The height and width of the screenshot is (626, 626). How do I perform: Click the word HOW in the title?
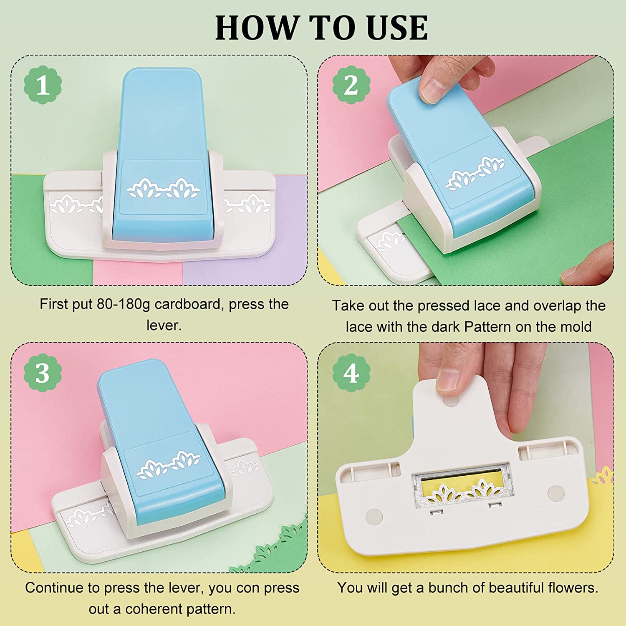pos(255,28)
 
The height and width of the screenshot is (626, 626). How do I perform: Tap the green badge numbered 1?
pos(43,85)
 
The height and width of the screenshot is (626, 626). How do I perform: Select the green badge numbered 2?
pos(351,85)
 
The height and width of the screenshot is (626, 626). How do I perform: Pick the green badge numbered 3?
pos(43,373)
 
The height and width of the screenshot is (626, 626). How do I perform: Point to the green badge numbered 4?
pos(351,373)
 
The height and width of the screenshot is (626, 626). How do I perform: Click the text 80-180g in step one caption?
pos(124,305)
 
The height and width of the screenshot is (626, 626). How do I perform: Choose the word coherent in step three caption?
pos(154,609)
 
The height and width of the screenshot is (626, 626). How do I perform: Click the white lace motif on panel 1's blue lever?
pos(164,188)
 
